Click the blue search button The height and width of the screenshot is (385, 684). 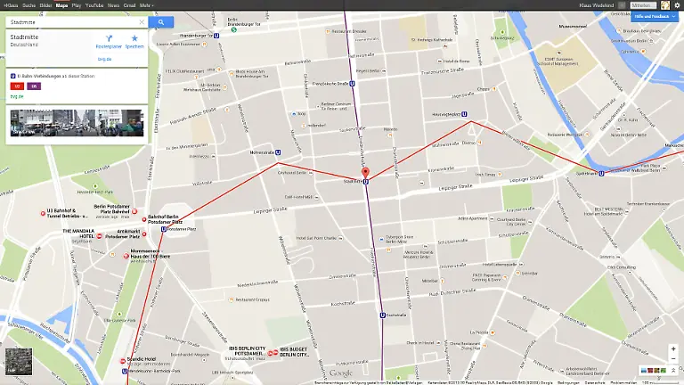coord(161,21)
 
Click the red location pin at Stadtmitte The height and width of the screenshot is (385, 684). coord(365,172)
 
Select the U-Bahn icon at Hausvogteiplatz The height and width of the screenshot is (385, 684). coord(463,114)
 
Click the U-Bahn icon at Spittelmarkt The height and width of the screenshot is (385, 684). coord(602,173)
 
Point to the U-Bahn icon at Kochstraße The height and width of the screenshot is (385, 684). coord(383,314)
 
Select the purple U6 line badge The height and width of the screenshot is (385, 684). coord(33,86)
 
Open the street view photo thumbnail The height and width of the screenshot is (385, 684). coord(76,122)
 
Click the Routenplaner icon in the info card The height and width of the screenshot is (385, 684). coord(108,39)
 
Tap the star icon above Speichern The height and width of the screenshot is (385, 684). coord(134,39)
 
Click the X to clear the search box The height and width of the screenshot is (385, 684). coord(141,21)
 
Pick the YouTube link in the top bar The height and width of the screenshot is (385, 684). coord(94,4)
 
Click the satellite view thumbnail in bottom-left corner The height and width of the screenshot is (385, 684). coord(18,361)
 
